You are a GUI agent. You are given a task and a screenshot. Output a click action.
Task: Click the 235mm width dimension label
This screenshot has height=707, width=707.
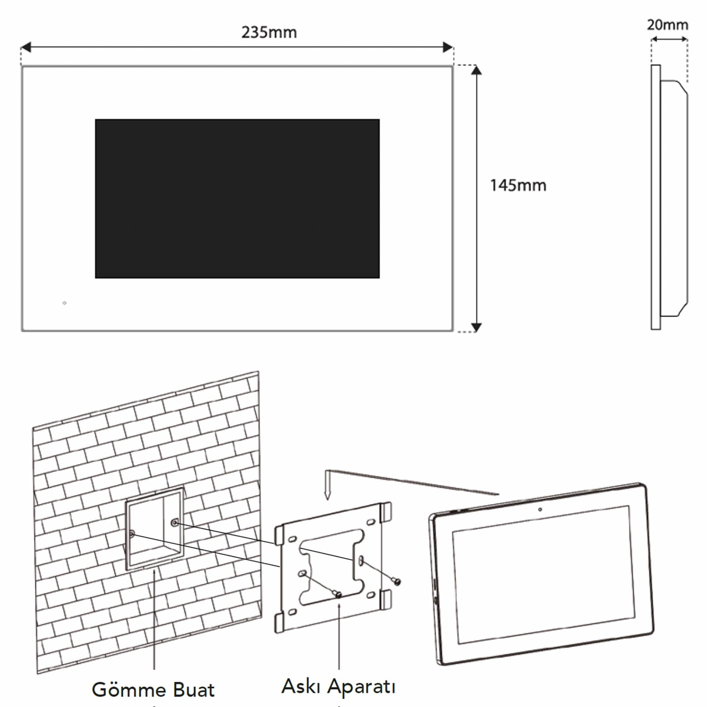[x=269, y=32]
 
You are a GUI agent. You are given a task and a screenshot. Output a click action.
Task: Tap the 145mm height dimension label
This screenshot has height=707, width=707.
[x=518, y=185]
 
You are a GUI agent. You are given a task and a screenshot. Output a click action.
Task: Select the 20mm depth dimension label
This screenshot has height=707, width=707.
[x=667, y=25]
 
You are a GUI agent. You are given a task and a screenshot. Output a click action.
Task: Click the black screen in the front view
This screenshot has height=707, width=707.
[x=237, y=199]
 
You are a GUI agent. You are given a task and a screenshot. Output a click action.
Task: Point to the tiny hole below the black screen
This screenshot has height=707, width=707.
[x=64, y=303]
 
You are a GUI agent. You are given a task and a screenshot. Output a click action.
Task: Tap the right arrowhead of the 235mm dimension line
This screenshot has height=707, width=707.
[x=448, y=47]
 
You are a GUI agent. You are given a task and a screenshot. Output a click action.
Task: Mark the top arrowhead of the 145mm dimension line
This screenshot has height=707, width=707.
[x=476, y=70]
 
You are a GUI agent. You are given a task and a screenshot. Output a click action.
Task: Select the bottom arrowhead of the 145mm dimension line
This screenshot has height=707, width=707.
[x=476, y=327]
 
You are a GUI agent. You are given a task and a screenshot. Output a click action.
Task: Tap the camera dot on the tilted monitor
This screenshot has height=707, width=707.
[x=540, y=509]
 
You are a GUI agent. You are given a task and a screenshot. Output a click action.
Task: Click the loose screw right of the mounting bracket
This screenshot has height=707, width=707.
[x=397, y=582]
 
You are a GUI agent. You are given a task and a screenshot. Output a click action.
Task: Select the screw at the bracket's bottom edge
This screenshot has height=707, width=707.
[x=338, y=594]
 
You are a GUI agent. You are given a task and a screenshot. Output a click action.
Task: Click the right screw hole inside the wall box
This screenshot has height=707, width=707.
[x=175, y=523]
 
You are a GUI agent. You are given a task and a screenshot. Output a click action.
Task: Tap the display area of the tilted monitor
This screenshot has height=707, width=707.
[x=543, y=575]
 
